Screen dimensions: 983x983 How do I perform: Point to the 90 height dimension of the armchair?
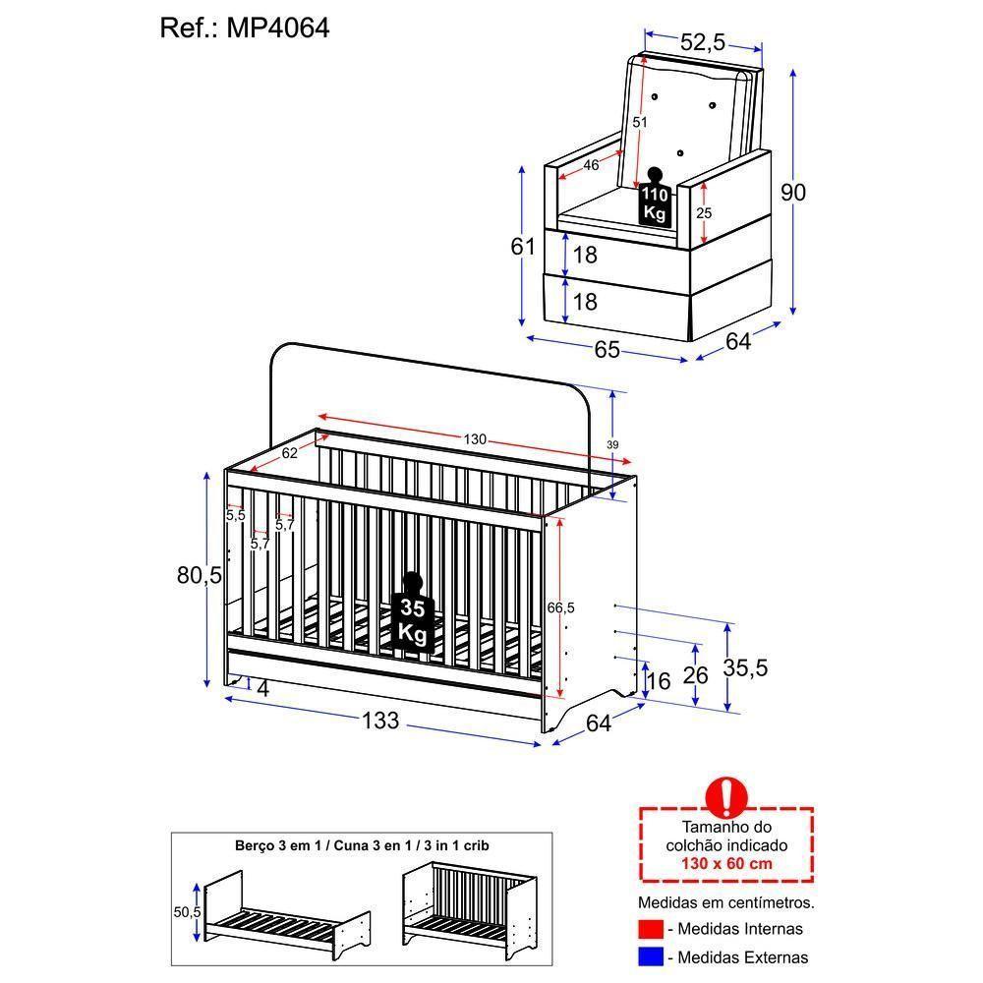pyautogui.click(x=792, y=193)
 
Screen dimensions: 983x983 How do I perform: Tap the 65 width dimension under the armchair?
pyautogui.click(x=607, y=349)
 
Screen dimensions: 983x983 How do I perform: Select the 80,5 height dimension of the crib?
pyautogui.click(x=200, y=575)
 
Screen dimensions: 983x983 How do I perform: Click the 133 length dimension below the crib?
pyautogui.click(x=380, y=721)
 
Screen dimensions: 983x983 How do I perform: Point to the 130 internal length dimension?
pyautogui.click(x=475, y=439)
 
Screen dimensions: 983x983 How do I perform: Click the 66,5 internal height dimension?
pyautogui.click(x=560, y=608)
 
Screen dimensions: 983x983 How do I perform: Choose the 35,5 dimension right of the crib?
pyautogui.click(x=746, y=668)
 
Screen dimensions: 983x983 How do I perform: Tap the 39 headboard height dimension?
pyautogui.click(x=612, y=445)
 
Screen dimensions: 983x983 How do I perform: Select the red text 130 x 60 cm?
pyautogui.click(x=726, y=863)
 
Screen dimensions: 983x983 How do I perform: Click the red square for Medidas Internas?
pyautogui.click(x=649, y=928)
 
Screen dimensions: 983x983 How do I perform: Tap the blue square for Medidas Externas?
pyautogui.click(x=649, y=955)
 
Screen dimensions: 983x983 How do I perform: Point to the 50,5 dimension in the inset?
pyautogui.click(x=187, y=911)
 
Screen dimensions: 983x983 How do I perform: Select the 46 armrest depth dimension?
pyautogui.click(x=590, y=165)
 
